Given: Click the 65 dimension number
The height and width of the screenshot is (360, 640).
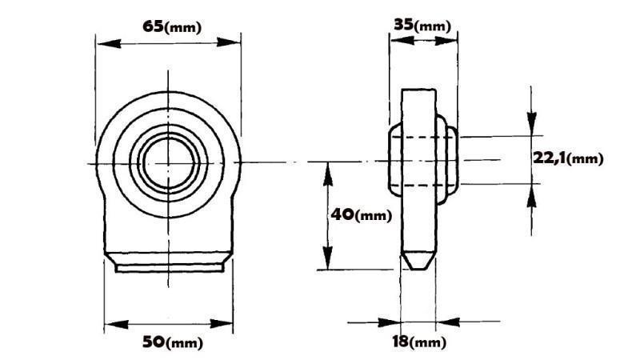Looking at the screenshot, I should point(152,26).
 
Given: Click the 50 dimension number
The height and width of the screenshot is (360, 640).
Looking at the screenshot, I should point(153,342).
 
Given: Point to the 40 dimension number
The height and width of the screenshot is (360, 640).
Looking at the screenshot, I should point(342,215).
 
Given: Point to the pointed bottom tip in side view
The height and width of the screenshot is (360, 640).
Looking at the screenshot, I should point(418,266).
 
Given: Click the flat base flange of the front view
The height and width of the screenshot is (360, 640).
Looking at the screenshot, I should point(169,263).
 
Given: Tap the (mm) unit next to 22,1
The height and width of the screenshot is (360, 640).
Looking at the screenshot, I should point(587,159).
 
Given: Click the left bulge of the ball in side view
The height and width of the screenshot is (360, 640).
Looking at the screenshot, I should point(393,160).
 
